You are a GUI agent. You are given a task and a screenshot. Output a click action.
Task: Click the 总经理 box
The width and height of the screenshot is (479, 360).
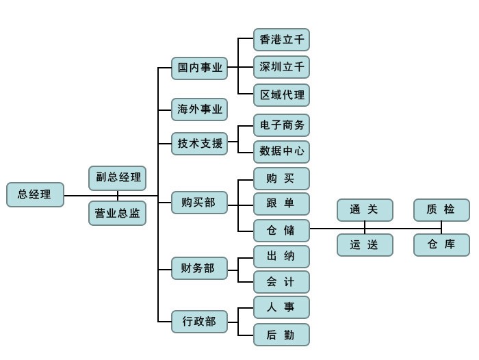click(x=35, y=195)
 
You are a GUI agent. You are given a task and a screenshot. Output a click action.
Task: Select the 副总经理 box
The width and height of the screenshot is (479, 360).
click(x=117, y=178)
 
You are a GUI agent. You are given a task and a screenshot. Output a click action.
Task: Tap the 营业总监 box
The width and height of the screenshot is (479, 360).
click(x=117, y=214)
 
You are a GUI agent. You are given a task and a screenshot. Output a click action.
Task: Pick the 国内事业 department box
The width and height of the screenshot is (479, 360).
click(x=199, y=68)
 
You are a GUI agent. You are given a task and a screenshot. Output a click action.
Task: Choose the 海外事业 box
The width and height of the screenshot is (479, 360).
click(x=199, y=110)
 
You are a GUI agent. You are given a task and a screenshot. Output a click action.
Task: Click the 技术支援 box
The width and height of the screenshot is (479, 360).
click(x=199, y=144)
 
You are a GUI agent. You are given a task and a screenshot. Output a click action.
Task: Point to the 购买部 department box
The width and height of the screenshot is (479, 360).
click(x=199, y=203)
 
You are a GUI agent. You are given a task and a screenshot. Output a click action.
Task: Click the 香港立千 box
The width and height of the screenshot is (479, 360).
click(x=281, y=40)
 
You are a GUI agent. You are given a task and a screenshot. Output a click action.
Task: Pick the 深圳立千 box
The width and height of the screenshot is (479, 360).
click(x=281, y=67)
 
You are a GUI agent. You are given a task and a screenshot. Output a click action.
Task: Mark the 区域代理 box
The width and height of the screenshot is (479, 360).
click(x=281, y=94)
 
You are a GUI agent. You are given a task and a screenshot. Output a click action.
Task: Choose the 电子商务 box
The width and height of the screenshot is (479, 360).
click(x=281, y=125)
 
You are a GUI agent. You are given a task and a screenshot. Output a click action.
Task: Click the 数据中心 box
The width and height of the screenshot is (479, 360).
click(x=281, y=151)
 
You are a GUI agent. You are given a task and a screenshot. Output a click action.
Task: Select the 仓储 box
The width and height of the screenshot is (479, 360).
click(x=281, y=230)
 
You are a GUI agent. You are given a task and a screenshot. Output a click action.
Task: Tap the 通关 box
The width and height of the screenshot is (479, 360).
click(x=365, y=210)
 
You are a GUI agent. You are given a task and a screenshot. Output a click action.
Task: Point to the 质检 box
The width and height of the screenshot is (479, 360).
click(x=441, y=210)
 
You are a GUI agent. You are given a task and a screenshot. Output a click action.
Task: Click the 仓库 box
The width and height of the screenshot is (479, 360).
click(x=441, y=245)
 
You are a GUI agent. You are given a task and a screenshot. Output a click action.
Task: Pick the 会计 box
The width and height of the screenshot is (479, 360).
click(x=281, y=282)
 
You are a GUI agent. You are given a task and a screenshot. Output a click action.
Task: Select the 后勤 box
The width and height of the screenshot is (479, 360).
click(x=281, y=335)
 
